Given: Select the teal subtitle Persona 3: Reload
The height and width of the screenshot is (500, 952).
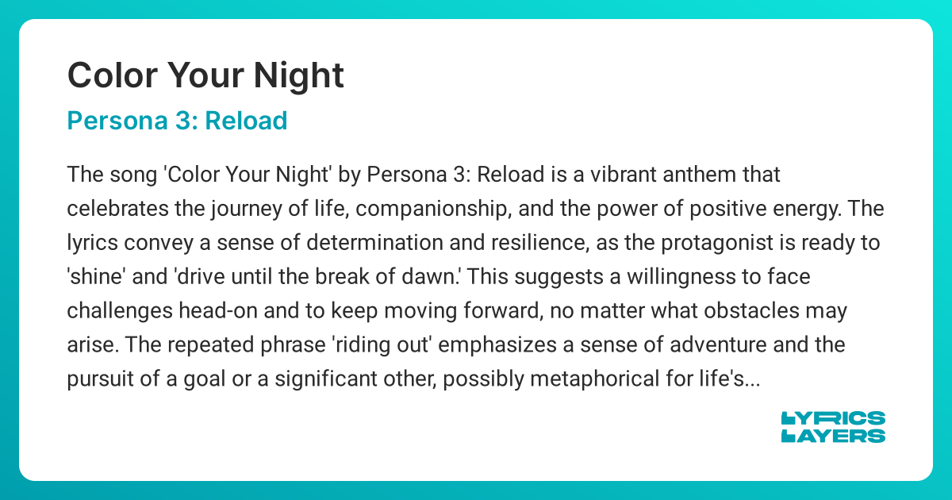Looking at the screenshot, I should pos(176,121).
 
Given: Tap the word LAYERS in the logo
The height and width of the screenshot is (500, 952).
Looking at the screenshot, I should pos(833,436).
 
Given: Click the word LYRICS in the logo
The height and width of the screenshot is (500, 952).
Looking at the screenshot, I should pos(833,418).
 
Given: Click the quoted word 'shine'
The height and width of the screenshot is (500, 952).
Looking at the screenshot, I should pos(94,278).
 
